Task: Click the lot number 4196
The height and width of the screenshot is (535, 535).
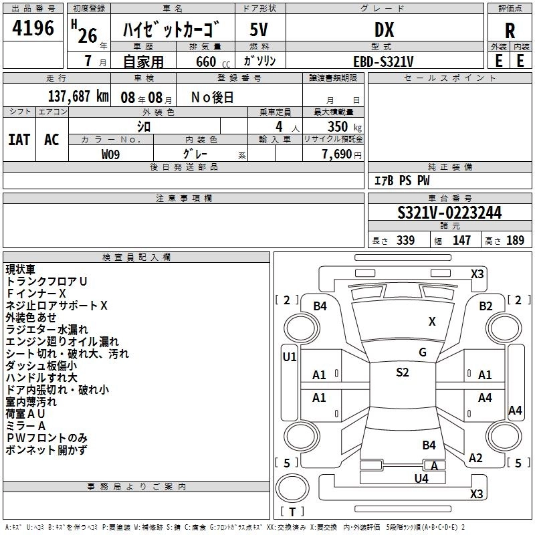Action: tap(33, 29)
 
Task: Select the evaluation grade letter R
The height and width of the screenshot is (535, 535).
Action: tap(510, 30)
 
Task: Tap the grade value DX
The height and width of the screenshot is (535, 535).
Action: tap(384, 30)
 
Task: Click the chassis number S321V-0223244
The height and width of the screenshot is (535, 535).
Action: tap(449, 213)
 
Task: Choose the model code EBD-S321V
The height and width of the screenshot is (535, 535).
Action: tap(383, 61)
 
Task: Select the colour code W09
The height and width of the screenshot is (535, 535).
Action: tap(111, 154)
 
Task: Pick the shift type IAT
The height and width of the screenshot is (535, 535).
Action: tap(19, 139)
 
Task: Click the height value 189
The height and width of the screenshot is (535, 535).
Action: tap(515, 241)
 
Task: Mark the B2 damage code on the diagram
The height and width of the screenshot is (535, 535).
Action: tap(486, 306)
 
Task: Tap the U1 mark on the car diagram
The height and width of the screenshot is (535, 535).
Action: tap(290, 357)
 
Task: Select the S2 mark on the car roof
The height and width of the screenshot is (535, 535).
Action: tap(402, 372)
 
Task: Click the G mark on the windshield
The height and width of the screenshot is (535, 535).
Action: tap(422, 352)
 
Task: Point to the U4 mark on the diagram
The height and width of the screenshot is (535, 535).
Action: tap(421, 478)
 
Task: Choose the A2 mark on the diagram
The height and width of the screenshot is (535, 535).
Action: tap(475, 458)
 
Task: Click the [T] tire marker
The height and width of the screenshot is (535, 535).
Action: tap(292, 512)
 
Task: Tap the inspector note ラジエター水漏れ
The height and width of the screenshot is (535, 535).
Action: tap(47, 330)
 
